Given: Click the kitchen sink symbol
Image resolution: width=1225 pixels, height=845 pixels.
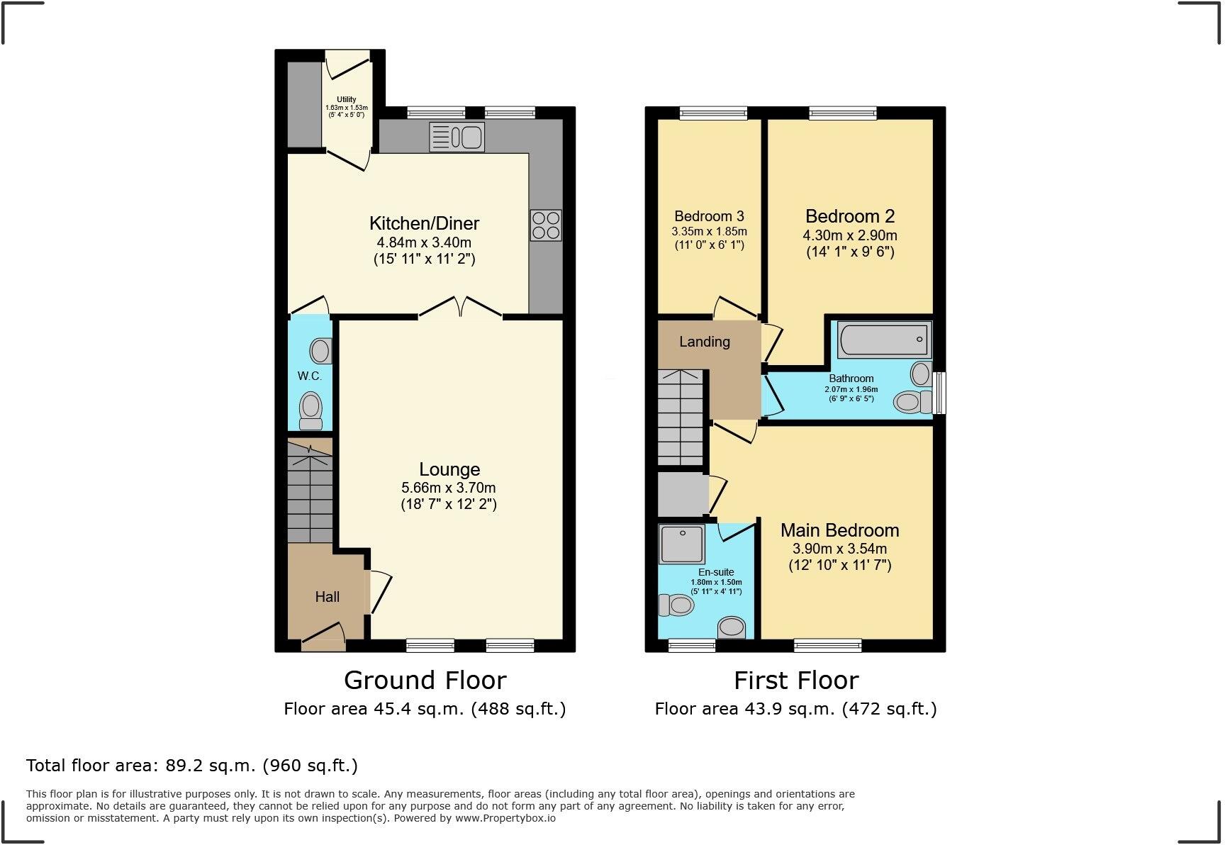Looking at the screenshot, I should coord(457,137).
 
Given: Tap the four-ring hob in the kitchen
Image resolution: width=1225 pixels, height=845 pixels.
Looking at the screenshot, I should coord(546,225).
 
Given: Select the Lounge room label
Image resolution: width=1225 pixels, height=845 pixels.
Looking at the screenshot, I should coord(449,469).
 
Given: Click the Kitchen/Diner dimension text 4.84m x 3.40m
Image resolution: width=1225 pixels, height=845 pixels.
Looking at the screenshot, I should coord(424,242).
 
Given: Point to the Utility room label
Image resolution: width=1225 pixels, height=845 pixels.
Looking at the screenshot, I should coord(347,99).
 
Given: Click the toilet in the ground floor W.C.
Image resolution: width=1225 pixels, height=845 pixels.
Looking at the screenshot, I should coord(311,411).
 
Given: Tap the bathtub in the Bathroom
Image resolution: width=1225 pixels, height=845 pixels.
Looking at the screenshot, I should coord(883,341).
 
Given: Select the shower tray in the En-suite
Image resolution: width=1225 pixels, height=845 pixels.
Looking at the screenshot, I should coord(681,544).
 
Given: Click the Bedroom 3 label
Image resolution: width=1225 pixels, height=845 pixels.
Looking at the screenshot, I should coord(709,216).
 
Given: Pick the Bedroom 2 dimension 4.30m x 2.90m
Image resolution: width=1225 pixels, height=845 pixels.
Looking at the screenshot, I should coord(850,235).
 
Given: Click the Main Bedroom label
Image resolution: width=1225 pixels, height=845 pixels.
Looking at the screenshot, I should coord(839,530).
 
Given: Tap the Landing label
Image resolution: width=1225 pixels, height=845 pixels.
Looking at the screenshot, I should coord(704,342).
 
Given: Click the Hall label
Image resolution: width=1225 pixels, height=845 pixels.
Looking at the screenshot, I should coord(327,597).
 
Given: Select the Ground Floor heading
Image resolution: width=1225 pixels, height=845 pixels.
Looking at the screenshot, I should coord(425,681).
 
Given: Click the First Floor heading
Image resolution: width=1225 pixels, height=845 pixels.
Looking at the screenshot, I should coord(796,681).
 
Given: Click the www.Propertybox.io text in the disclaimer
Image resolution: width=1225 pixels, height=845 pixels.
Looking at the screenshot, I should coord(505,818).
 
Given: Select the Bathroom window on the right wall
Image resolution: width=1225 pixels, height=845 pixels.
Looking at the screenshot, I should coord(940,393).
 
